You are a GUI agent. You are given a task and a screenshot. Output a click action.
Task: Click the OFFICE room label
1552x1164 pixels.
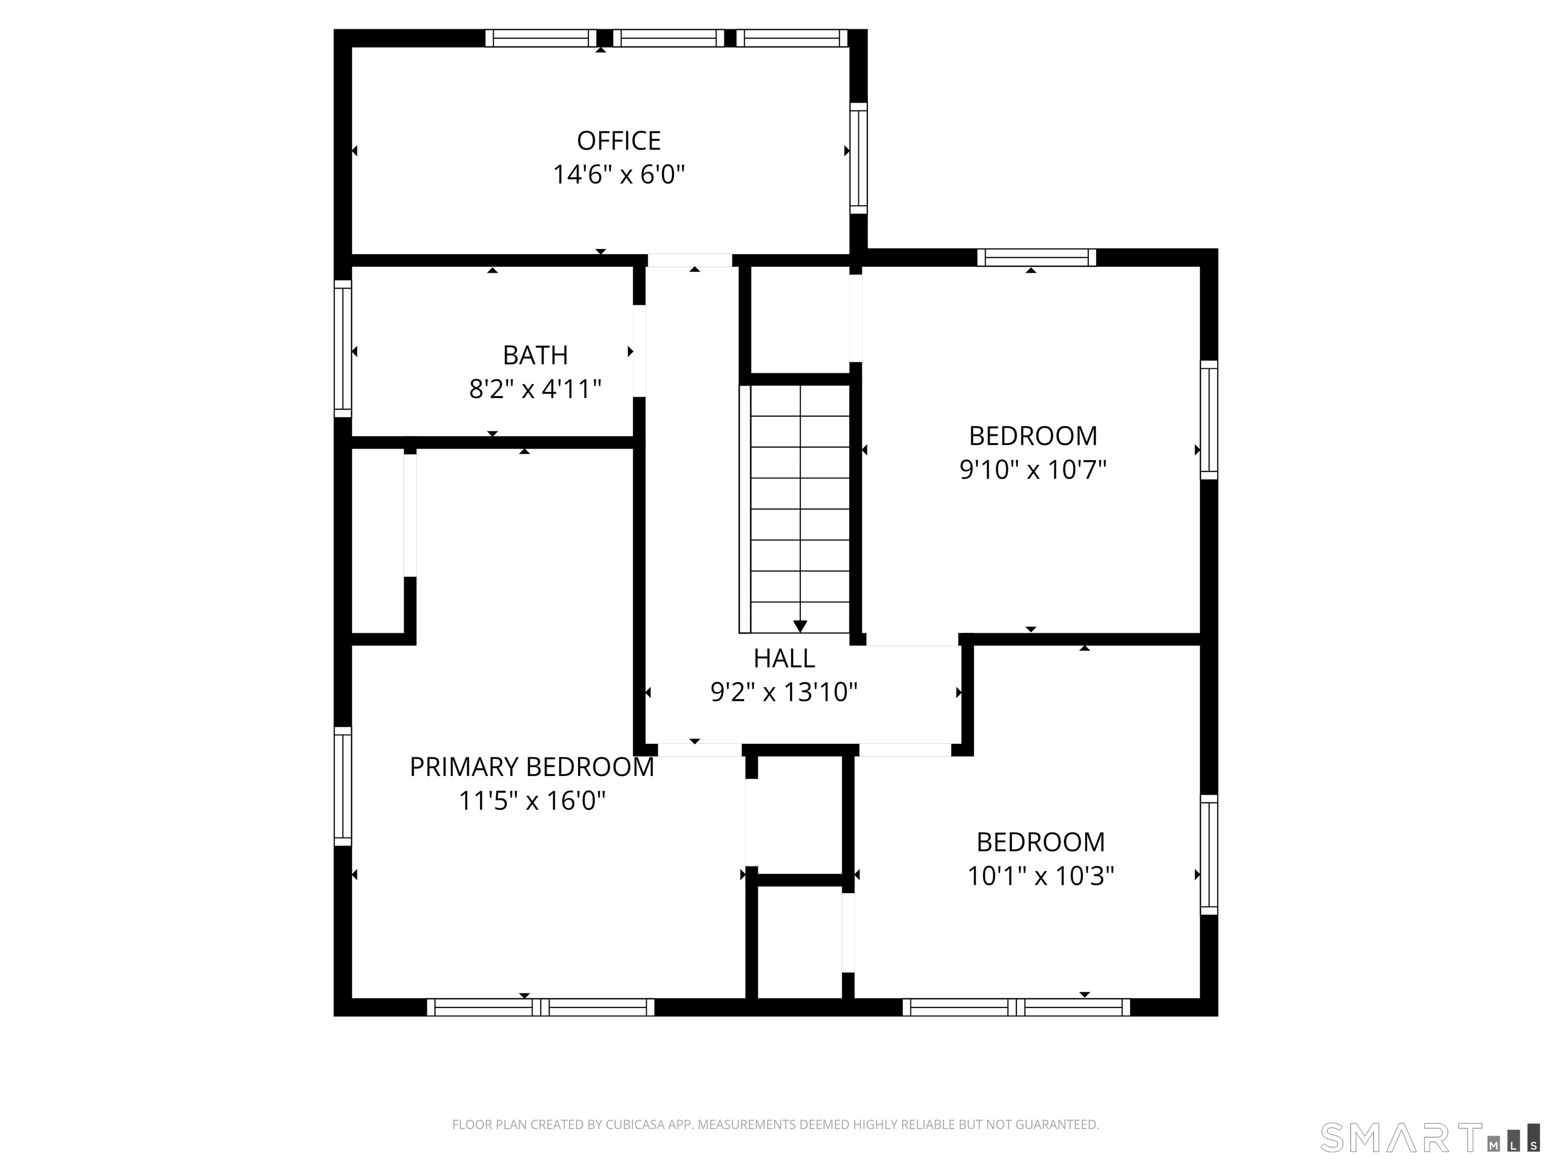(618, 141)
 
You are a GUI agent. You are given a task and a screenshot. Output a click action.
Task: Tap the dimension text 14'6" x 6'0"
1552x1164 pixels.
(618, 174)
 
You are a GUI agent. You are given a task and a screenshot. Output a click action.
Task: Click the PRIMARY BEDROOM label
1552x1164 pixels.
(531, 767)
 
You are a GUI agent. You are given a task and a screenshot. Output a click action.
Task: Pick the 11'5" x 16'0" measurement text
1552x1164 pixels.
(531, 801)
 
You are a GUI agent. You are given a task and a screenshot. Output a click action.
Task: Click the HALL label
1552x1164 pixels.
(784, 658)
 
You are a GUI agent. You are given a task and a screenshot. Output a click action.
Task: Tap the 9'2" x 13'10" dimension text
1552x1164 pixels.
(784, 693)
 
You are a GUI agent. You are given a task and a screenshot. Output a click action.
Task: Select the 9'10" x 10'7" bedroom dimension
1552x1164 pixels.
(1032, 469)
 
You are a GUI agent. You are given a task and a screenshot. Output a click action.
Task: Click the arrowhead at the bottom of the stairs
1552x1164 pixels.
(800, 626)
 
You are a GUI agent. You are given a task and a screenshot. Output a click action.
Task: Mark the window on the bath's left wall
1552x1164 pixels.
(343, 349)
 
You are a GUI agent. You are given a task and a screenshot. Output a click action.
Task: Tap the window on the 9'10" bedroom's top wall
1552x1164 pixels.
(1036, 258)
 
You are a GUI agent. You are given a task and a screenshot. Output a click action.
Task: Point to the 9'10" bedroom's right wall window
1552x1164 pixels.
(1208, 419)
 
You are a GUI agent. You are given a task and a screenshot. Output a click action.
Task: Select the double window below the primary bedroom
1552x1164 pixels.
(540, 1007)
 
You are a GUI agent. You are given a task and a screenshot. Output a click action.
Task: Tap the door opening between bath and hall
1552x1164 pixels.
(639, 350)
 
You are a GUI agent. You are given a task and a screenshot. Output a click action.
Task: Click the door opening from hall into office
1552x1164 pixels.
(689, 260)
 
